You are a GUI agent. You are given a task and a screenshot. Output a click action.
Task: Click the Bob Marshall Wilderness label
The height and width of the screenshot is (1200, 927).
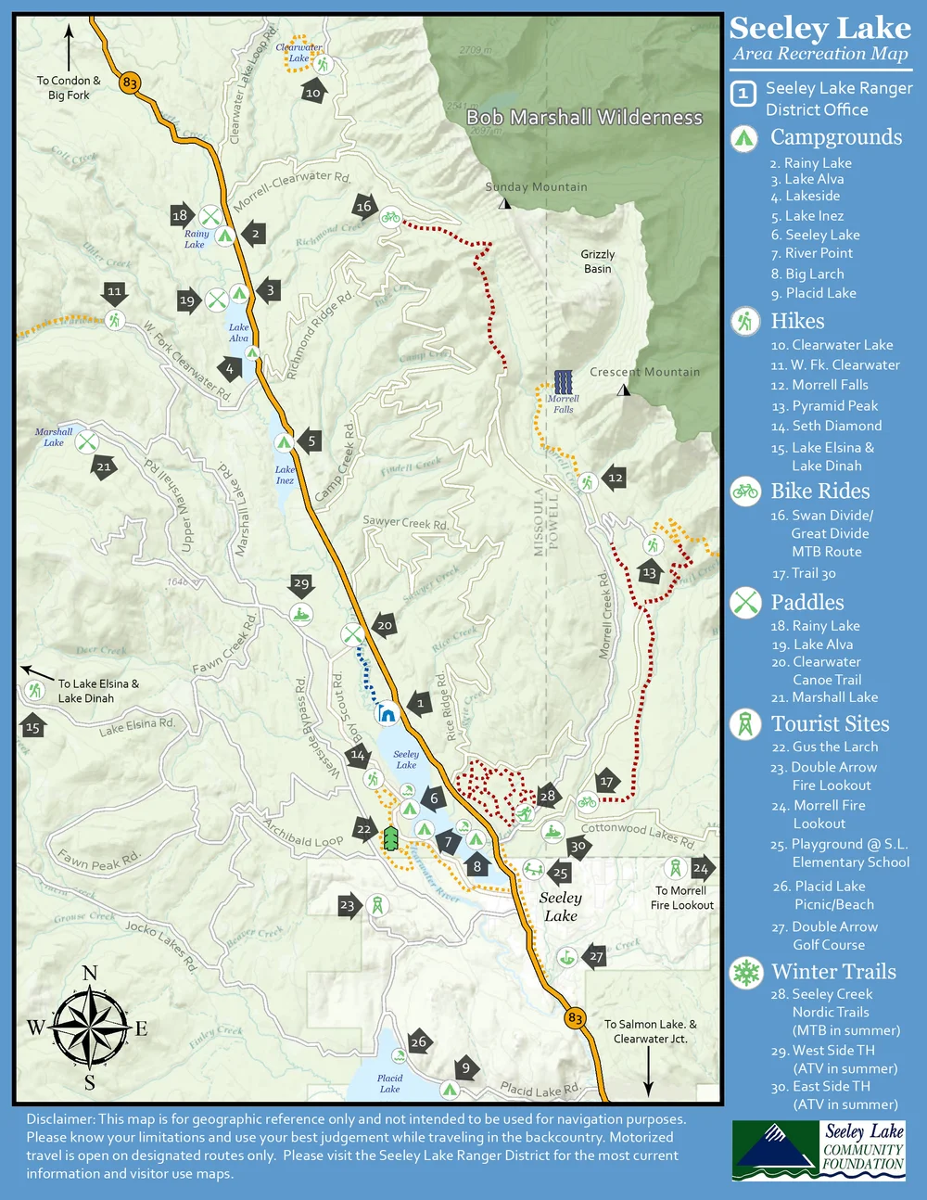[x=584, y=118]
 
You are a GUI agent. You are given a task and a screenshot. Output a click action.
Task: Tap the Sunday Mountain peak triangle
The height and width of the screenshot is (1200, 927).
[x=504, y=202]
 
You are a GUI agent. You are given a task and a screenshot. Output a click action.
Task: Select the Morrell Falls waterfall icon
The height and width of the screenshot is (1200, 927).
[x=563, y=381]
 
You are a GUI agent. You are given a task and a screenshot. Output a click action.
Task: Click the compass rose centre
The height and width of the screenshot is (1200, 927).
[x=90, y=1028]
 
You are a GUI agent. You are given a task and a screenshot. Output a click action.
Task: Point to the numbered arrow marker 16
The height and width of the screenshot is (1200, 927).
[x=364, y=206]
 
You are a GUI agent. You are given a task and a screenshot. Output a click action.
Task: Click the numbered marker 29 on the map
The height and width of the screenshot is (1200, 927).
[x=301, y=584]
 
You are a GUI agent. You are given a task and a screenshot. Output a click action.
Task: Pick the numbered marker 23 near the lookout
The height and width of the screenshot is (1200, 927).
[x=348, y=905]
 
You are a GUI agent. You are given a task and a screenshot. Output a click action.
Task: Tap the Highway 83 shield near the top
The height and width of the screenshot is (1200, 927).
[x=129, y=83]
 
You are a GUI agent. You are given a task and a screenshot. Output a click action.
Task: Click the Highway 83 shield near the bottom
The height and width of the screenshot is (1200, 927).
[x=576, y=1018]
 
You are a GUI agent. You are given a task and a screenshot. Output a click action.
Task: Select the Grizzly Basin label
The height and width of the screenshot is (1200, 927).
[x=598, y=262]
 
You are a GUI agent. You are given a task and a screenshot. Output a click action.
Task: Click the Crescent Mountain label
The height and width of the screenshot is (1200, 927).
[x=644, y=372]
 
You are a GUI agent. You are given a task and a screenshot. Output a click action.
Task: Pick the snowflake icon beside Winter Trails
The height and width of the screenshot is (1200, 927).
[x=745, y=972]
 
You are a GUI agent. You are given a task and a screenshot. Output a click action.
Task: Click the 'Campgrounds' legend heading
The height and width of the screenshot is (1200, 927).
[x=836, y=137]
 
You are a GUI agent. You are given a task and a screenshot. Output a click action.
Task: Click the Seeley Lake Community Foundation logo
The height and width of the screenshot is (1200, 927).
[x=818, y=1149]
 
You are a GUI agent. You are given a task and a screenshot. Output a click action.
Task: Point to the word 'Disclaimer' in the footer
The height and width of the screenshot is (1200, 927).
[x=59, y=1119]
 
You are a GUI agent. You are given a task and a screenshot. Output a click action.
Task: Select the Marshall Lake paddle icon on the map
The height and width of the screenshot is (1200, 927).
[x=86, y=441]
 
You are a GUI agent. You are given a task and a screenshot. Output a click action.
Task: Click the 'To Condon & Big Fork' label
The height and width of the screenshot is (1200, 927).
[x=69, y=87]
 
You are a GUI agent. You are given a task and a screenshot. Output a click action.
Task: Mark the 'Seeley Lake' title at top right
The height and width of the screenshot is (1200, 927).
[x=819, y=29]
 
